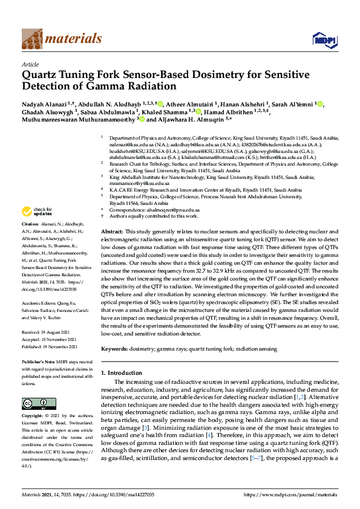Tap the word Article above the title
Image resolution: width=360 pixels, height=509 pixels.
pyautogui.click(x=30, y=63)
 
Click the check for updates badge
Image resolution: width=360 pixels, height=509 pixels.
pyautogui.click(x=35, y=212)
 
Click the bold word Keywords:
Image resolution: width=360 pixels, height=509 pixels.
pyautogui.click(x=115, y=349)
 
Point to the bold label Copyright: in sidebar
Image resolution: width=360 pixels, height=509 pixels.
pyautogui.click(x=33, y=417)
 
